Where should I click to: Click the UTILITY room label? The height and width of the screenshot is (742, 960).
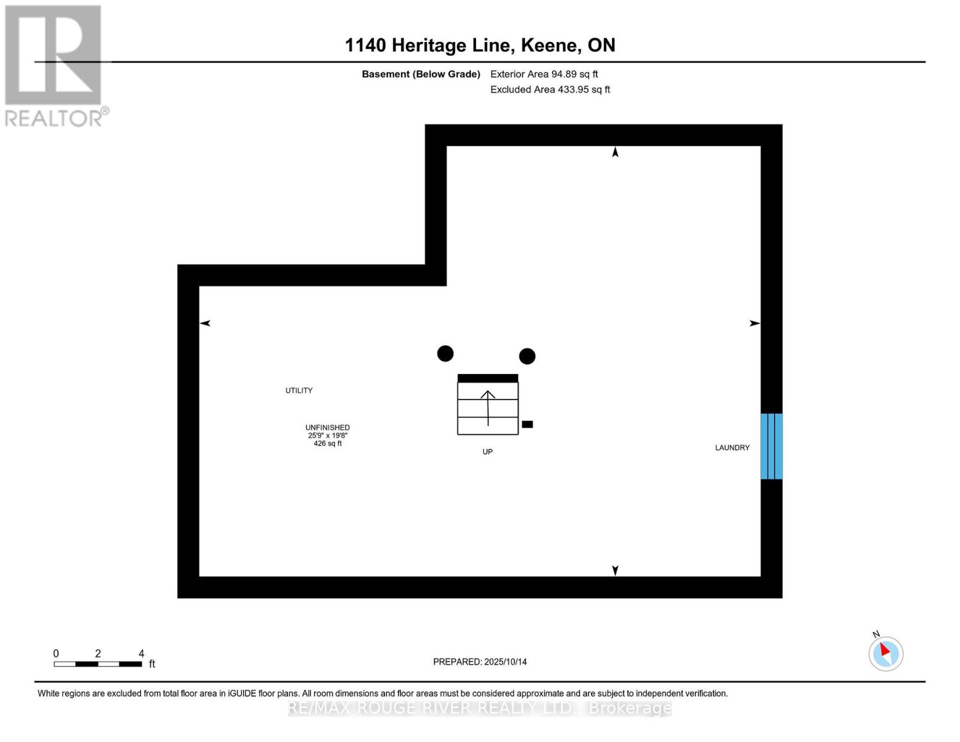pos(299,391)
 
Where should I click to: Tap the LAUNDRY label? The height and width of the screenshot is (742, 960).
pos(733,448)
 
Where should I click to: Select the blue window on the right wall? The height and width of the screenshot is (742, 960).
pos(771,446)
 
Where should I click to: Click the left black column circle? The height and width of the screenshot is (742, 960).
pos(445,354)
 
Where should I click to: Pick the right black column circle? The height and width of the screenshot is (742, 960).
pos(527,356)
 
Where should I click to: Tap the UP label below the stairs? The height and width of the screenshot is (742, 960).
pos(488,452)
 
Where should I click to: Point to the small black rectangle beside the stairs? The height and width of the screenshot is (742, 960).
pos(527,424)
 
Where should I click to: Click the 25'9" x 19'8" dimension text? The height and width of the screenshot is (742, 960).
pos(328,435)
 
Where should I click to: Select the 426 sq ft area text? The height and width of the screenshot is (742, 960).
pos(328,443)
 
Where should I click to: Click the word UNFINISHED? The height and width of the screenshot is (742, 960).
pos(328,427)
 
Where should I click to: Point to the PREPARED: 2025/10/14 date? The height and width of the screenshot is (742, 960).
pos(480,662)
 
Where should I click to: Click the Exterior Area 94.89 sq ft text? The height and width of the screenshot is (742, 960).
pos(544,74)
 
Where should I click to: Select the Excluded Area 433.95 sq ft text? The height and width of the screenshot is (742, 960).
pos(550,90)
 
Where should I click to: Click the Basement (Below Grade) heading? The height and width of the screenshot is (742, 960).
pos(421,74)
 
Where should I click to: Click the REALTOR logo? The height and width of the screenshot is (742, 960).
pos(54,65)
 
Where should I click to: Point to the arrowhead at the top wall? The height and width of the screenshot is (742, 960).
pos(615,152)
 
